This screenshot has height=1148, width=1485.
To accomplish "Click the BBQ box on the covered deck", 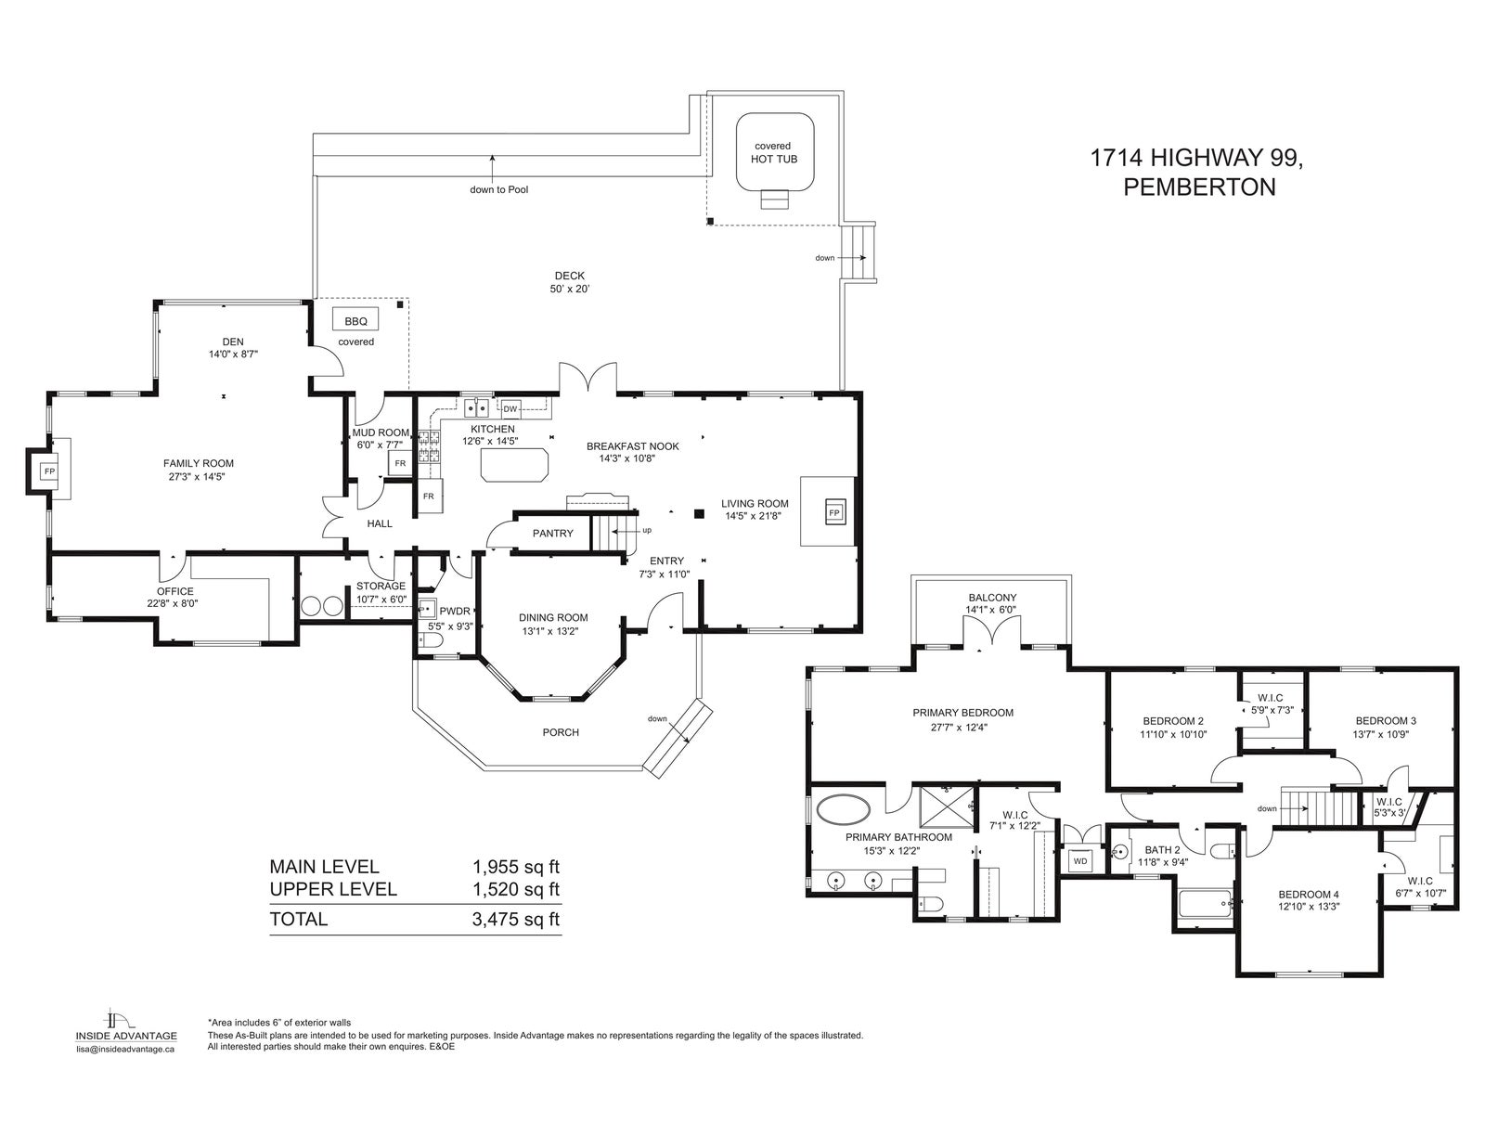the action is point(355,320).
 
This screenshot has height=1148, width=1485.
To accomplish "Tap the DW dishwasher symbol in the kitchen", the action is point(510,409).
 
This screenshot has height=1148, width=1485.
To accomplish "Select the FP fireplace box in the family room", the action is point(48,471).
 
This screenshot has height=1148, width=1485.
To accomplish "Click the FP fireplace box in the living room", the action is point(833,512).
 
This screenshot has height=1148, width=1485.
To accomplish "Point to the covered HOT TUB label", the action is point(774,152).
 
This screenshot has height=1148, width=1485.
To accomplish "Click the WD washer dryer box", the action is point(1079,861).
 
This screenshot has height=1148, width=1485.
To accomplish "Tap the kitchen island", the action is point(514,465).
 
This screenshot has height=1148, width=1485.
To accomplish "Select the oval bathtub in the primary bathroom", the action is point(844,810).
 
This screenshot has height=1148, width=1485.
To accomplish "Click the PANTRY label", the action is point(553,533).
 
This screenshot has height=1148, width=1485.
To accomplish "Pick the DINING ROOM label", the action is point(553,618).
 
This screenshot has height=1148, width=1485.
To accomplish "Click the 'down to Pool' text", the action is point(499,190).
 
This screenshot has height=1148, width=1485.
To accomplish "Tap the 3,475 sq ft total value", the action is point(515,919).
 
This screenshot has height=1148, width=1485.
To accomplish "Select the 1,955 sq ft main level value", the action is point(515,867).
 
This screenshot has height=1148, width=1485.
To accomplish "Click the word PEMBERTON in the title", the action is point(1199,187).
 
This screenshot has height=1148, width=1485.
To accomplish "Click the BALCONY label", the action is point(992,598).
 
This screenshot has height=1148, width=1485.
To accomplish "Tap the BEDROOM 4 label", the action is point(1309,895).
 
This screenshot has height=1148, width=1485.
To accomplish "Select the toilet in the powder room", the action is point(431,641).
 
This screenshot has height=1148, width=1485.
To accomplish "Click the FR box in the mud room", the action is point(400,464).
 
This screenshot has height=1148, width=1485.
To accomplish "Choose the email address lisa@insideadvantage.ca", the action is point(125,1049).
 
